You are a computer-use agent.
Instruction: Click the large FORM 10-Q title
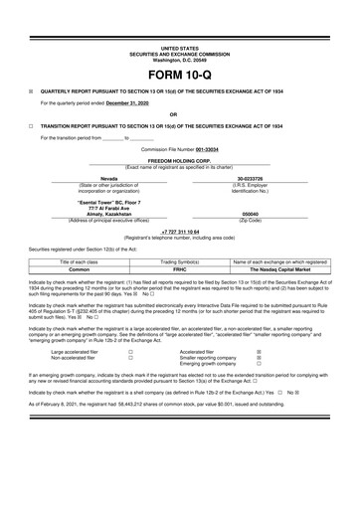179,77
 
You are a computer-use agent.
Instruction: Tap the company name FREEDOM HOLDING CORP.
179,159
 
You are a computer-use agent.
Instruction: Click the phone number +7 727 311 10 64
179,230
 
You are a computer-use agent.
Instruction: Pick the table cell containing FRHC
179,267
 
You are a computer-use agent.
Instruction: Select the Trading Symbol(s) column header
179,259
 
